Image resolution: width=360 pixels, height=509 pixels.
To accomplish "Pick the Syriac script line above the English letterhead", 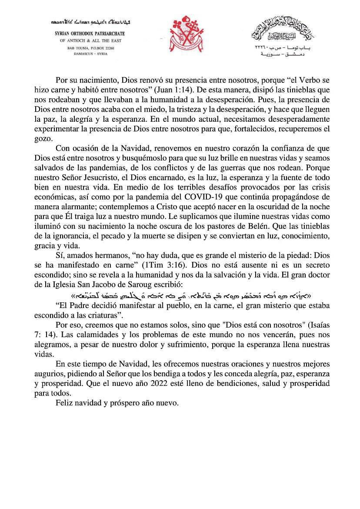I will [91, 22].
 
